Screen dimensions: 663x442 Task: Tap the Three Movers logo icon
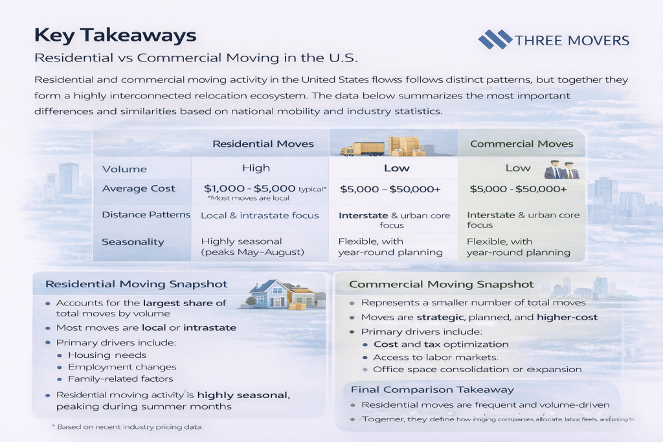pyautogui.click(x=494, y=39)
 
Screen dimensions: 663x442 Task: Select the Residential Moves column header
pyautogui.click(x=263, y=144)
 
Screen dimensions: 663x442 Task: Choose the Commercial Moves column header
pyautogui.click(x=521, y=144)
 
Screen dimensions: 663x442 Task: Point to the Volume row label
pyautogui.click(x=124, y=169)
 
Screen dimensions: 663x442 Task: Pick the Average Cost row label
pyautogui.click(x=139, y=188)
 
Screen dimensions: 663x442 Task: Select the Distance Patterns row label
pyautogui.click(x=146, y=215)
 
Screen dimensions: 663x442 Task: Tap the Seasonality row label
pyautogui.click(x=133, y=242)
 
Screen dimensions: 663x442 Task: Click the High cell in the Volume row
pyautogui.click(x=256, y=168)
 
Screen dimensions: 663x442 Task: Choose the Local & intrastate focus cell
pyautogui.click(x=260, y=215)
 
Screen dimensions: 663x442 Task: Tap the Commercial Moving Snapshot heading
pyautogui.click(x=441, y=284)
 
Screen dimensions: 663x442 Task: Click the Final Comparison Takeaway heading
pyautogui.click(x=432, y=390)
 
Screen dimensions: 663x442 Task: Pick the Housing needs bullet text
pyautogui.click(x=107, y=355)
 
